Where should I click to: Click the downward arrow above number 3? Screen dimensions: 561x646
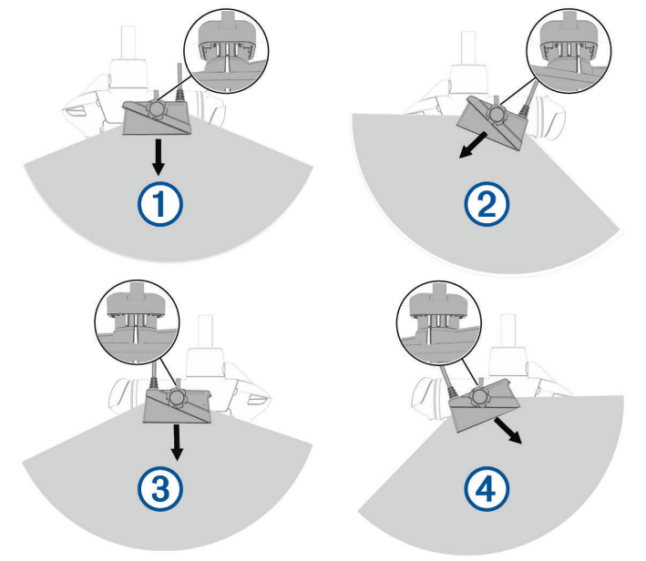coord(179,441)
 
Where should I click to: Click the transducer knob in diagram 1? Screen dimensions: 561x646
coord(157,111)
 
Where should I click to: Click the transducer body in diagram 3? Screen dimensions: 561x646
coord(179,405)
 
